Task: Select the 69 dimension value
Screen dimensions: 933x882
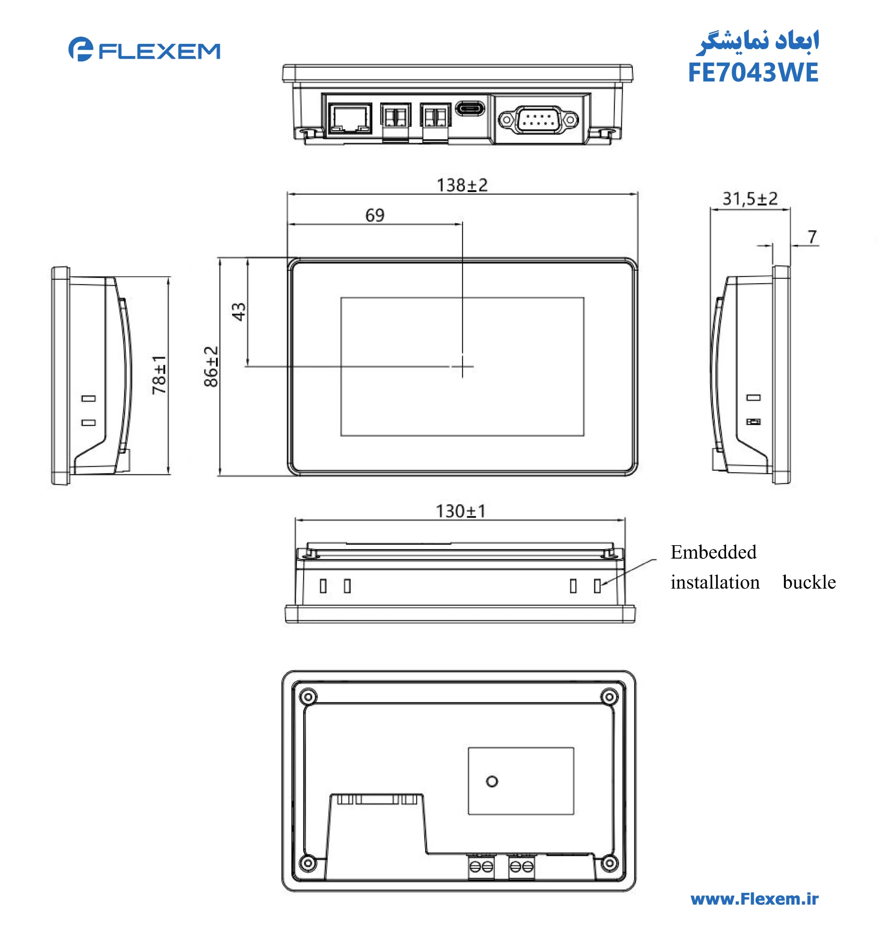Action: (375, 215)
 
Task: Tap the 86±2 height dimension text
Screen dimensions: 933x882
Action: (211, 366)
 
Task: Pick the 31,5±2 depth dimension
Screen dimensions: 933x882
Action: (749, 199)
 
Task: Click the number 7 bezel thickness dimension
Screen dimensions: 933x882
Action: (812, 237)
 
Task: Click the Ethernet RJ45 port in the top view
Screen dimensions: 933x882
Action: (349, 118)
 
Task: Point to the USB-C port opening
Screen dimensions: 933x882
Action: (470, 108)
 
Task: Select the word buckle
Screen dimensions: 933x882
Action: (809, 582)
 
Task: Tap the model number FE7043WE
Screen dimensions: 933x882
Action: (753, 73)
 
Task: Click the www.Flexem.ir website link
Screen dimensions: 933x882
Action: (754, 899)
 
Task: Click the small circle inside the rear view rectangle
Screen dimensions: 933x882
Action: (492, 781)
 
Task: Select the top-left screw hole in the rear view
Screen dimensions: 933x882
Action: (308, 696)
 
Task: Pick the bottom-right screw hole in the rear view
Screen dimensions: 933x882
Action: (609, 863)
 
